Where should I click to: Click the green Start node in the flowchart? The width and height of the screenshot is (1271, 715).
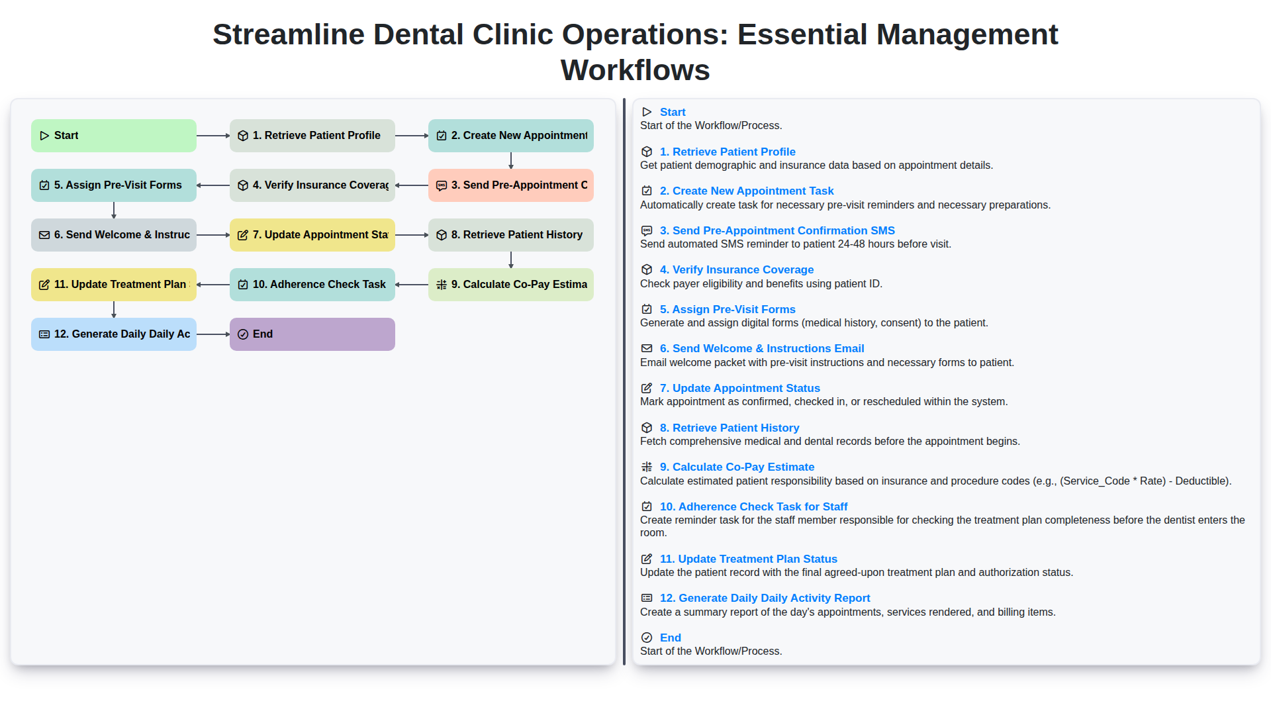(114, 136)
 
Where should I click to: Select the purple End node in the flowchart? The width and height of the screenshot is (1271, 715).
(312, 334)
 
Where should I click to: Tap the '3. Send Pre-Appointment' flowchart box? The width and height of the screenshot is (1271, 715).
(511, 185)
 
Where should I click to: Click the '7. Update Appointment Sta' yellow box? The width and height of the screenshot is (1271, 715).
(312, 235)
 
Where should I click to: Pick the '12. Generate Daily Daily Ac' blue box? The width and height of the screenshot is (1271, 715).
(114, 334)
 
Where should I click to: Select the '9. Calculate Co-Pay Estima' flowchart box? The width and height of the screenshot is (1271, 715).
(511, 285)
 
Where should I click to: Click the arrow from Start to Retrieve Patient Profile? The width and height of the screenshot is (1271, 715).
(213, 136)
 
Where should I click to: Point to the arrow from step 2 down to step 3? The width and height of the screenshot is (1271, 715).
(511, 160)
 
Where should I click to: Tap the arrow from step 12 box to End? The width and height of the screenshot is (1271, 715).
(213, 334)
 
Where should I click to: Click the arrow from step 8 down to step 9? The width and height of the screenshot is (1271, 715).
(511, 260)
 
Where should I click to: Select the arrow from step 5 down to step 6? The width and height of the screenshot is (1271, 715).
(114, 210)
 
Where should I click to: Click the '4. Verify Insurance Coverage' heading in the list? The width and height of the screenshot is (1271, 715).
(736, 269)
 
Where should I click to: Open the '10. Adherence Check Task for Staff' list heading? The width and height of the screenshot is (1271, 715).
(753, 506)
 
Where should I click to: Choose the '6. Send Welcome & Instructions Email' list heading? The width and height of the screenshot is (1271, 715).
(761, 348)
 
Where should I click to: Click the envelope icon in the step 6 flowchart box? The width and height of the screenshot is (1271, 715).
(44, 235)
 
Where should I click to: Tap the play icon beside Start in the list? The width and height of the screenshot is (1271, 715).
(647, 112)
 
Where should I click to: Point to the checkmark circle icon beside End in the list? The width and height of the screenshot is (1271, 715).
(647, 638)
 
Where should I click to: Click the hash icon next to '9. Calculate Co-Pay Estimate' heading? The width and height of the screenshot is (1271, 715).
(647, 467)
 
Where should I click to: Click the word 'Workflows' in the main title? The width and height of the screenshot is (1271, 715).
(635, 70)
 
